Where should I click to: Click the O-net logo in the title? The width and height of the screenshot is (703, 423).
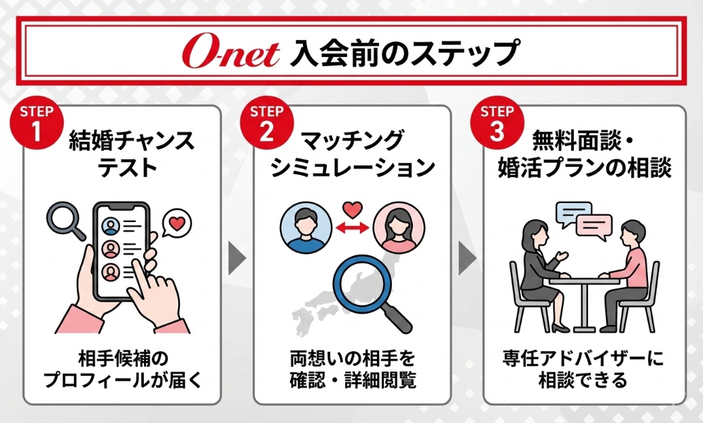point(231,53)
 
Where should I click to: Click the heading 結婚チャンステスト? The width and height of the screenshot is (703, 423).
point(131,153)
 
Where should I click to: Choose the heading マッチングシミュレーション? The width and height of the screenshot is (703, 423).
point(353,153)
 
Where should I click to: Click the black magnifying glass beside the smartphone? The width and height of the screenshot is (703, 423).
point(66,220)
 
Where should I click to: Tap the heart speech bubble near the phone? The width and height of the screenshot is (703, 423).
point(176,223)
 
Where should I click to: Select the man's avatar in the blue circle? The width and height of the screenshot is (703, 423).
point(306,227)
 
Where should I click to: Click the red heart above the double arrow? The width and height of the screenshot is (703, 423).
point(352,209)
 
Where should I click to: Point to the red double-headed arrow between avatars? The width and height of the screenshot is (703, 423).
point(352,228)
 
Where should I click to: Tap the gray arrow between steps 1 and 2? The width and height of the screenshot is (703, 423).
point(237,258)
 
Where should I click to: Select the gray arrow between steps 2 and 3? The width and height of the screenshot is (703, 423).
point(467,258)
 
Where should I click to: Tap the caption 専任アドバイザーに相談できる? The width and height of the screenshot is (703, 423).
point(582,369)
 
